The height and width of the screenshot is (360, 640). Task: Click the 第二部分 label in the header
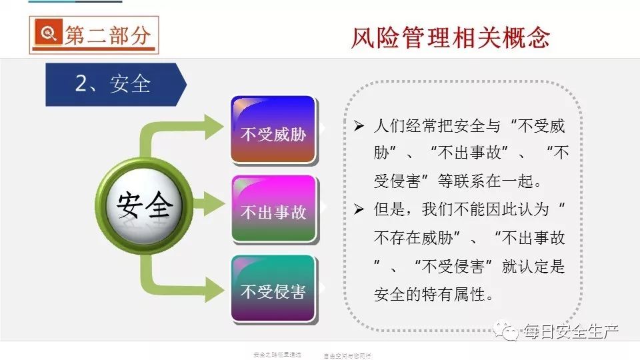(107, 35)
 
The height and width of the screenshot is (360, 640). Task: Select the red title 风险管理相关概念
(450, 37)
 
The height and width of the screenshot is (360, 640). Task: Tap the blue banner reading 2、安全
(113, 84)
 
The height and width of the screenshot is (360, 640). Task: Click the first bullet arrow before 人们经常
(359, 127)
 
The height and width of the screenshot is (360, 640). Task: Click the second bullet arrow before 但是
(359, 209)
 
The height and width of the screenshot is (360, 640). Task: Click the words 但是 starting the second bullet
(390, 209)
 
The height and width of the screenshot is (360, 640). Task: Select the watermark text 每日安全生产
(572, 331)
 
